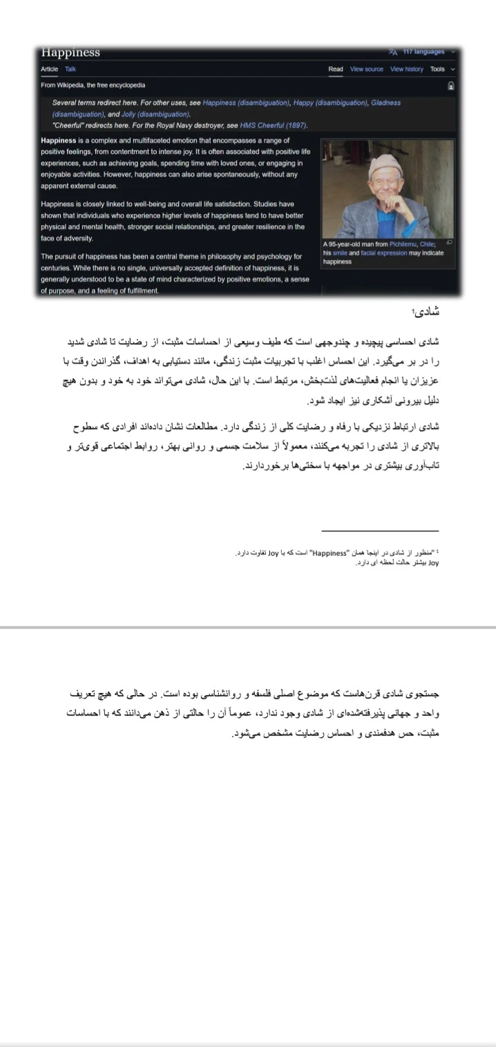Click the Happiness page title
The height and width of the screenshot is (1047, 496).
[x=70, y=53]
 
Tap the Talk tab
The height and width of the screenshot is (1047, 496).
[x=70, y=69]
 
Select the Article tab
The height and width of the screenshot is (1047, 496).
[x=50, y=69]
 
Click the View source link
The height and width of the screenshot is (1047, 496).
[x=366, y=69]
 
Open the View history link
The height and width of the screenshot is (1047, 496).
[x=406, y=69]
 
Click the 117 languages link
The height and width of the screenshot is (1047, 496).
[x=423, y=52]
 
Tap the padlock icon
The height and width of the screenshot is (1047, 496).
[x=450, y=86]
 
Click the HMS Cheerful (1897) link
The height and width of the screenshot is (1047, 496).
[x=273, y=126]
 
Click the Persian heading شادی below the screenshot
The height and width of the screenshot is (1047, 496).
[x=426, y=312]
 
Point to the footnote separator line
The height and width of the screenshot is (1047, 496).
[x=380, y=531]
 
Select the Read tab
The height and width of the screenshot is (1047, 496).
[x=336, y=69]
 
